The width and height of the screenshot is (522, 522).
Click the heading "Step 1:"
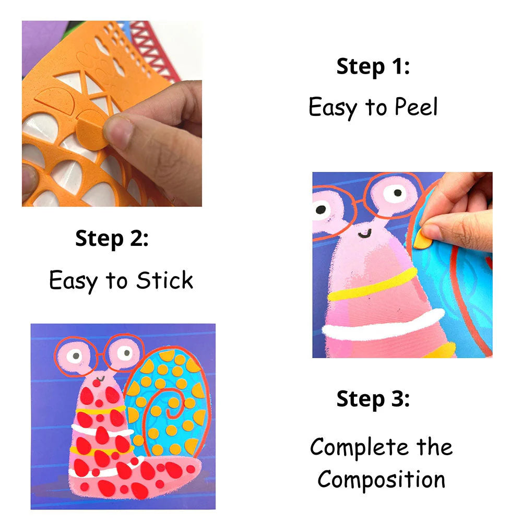click(373, 67)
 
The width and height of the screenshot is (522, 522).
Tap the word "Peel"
click(416, 107)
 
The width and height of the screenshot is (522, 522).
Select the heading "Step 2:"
click(112, 239)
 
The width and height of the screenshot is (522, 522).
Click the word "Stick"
click(164, 280)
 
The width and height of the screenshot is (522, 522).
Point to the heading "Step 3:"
click(373, 399)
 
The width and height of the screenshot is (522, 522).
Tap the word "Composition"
click(381, 479)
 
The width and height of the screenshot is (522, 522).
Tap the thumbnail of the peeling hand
click(112, 113)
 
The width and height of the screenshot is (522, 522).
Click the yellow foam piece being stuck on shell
click(421, 239)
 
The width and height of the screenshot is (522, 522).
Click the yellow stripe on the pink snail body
click(373, 284)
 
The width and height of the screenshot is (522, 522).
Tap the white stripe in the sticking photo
click(383, 325)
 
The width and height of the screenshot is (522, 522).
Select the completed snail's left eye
click(74, 355)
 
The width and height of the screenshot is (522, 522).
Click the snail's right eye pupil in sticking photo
click(397, 193)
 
